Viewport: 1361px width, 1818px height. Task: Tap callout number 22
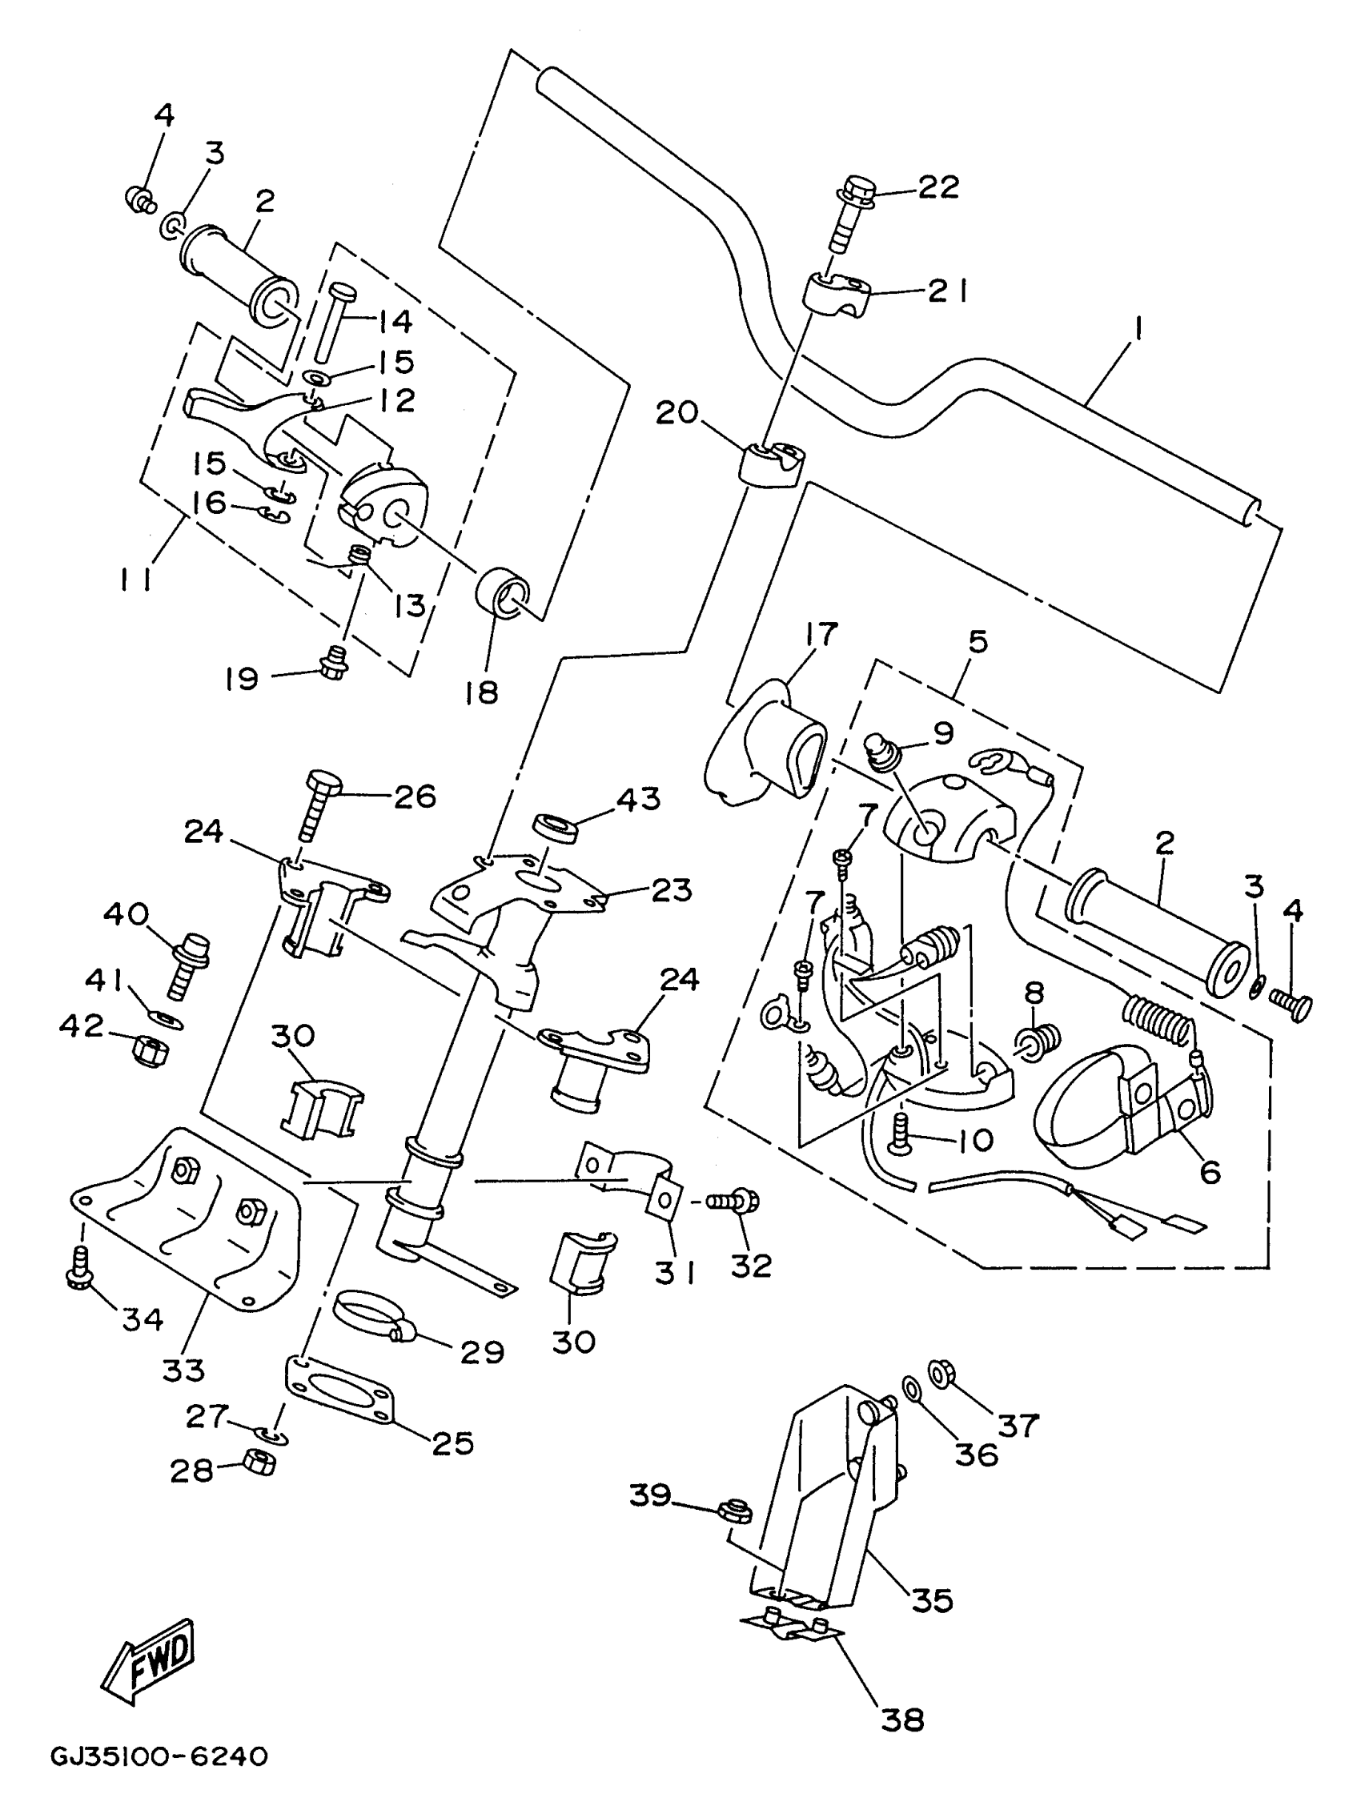(937, 187)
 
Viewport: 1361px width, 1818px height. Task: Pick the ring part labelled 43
(556, 827)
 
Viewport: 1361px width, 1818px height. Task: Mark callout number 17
(821, 634)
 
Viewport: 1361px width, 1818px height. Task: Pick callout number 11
(134, 582)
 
